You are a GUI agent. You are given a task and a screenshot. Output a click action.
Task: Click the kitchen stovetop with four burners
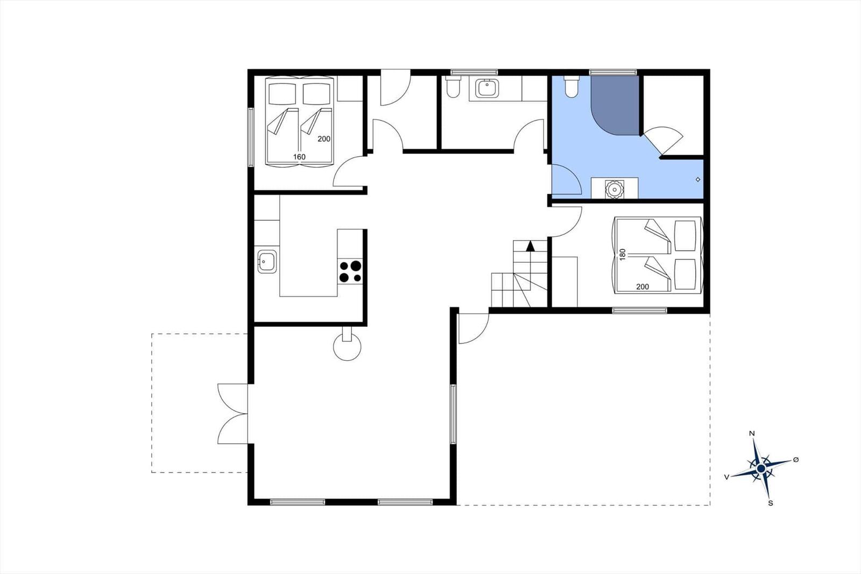pos(350,271)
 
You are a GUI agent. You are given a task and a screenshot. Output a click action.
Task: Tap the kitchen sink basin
pos(267,261)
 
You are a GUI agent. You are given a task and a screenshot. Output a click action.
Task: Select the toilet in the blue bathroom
pos(571,87)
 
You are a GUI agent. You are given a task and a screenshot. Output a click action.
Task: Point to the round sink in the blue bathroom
pos(614,190)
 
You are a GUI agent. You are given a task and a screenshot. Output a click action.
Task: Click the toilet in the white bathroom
pos(453,87)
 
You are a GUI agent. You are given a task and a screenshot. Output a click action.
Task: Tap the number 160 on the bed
pos(299,157)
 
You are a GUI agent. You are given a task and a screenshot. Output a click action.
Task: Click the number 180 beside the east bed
pos(623,254)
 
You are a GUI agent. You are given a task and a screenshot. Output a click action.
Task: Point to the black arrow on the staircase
pos(531,246)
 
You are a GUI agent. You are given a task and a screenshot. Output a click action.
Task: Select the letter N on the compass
pos(752,433)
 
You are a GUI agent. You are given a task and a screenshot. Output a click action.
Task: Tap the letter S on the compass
pos(770,503)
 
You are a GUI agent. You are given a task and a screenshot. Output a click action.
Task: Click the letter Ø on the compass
pos(796,460)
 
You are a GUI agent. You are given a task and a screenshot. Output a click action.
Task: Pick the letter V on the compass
pos(726,477)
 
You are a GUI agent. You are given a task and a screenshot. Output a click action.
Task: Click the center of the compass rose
pos(761,468)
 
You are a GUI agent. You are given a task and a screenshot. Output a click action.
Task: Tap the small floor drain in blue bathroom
pos(698,180)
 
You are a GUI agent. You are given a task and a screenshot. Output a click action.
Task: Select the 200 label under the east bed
pos(643,286)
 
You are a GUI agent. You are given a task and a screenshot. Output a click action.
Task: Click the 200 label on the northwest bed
pos(323,139)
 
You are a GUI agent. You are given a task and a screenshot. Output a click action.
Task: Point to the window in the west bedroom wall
pos(251,137)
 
